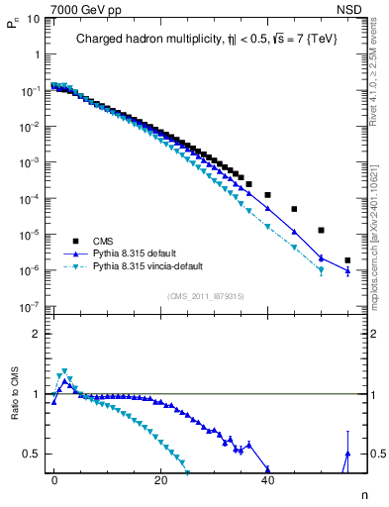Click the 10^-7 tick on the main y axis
click(31, 307)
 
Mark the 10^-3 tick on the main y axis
click(31, 162)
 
